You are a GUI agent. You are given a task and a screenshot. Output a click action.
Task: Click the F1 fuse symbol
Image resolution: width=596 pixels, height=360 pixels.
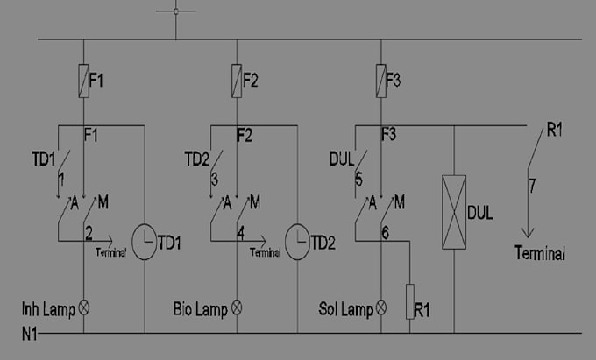click(83, 81)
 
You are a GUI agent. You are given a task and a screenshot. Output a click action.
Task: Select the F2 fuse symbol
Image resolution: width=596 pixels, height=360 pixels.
click(237, 81)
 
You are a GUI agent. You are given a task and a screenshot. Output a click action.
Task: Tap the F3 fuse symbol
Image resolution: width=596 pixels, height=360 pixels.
click(381, 81)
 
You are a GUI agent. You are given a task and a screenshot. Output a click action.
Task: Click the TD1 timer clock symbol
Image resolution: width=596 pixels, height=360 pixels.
click(144, 242)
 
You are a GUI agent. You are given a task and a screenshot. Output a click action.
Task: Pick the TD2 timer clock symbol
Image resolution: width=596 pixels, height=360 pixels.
click(297, 242)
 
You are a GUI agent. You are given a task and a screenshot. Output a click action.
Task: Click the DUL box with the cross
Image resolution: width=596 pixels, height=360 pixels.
click(454, 212)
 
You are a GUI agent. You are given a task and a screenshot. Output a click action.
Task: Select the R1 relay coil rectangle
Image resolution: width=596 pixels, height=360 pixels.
click(410, 301)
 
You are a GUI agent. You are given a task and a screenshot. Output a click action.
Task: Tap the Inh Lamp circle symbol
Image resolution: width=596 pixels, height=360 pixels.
click(83, 307)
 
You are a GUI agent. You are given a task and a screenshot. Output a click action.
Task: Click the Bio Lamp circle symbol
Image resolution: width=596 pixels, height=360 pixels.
click(237, 307)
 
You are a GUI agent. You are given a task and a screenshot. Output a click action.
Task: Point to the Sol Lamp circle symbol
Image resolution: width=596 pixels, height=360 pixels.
click(381, 307)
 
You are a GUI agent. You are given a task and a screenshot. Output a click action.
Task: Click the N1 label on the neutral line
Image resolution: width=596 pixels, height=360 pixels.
click(29, 335)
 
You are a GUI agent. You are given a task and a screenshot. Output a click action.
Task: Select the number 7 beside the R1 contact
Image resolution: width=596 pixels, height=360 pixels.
click(532, 186)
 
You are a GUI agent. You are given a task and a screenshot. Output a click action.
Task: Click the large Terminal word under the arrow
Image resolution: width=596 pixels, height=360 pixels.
click(540, 253)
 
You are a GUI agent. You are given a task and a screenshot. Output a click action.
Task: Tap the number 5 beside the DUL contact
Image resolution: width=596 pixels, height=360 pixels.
click(358, 180)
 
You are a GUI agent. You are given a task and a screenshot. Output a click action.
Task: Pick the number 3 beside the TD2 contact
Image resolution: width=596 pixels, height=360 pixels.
click(215, 180)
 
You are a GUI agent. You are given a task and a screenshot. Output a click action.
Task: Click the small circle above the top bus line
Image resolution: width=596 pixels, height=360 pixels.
click(175, 11)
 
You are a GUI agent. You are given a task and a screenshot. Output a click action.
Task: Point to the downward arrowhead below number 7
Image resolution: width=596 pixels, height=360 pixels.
click(528, 232)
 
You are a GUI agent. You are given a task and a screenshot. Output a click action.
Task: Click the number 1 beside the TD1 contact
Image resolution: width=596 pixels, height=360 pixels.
click(61, 180)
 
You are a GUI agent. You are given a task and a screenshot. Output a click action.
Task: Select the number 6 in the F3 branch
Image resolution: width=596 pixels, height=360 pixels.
click(385, 233)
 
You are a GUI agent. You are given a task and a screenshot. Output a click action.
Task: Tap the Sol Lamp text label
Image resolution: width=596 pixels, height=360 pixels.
click(345, 309)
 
